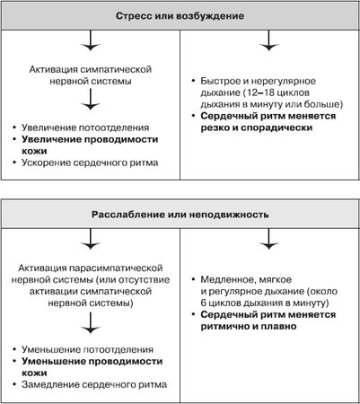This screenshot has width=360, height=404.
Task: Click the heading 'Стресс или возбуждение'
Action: (180, 17)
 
